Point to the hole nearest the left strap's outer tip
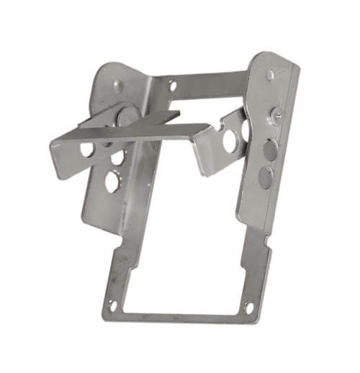[x=86, y=149]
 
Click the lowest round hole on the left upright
[x=113, y=181]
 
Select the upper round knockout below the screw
[x=270, y=149]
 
